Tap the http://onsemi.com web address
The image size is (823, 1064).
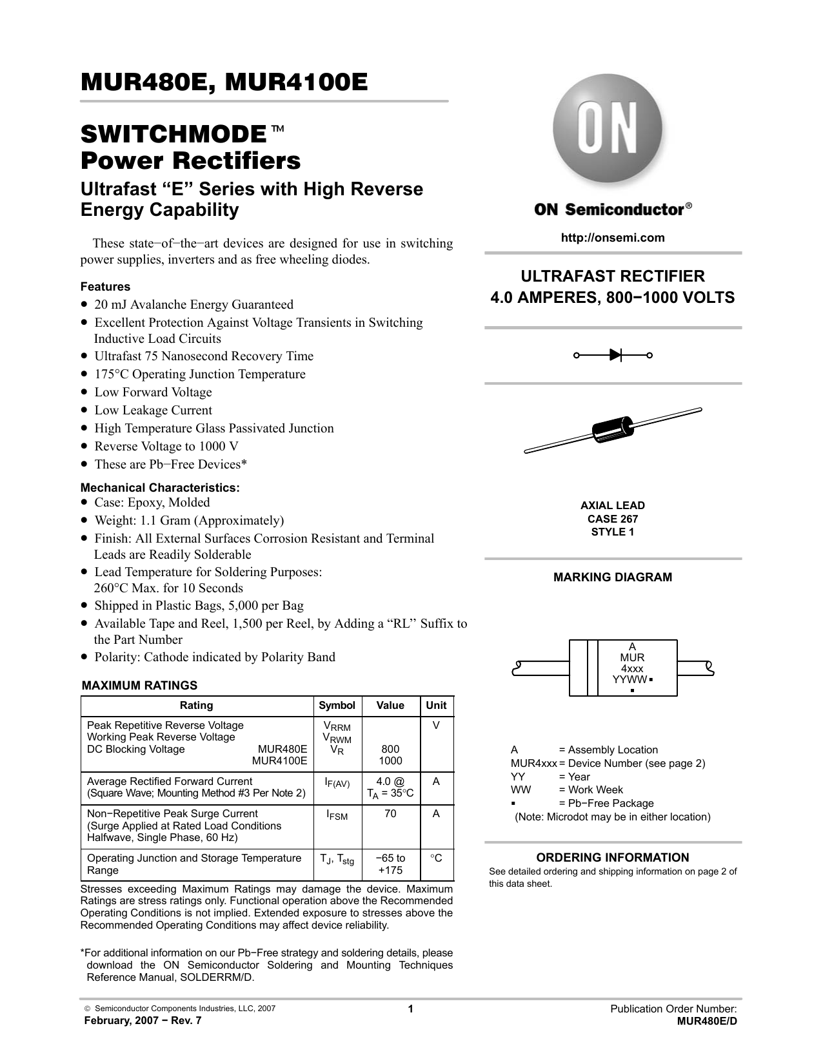pos(613,238)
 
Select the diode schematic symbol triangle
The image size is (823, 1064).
pos(615,354)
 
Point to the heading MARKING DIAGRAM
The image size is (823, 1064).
pos(613,577)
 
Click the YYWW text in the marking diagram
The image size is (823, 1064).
pos(630,679)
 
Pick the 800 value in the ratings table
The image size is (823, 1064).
pos(390,749)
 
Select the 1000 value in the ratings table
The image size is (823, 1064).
pos(390,760)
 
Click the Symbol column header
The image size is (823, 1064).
pos(337,705)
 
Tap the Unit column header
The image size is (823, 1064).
pos(437,705)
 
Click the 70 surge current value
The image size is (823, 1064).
pos(390,814)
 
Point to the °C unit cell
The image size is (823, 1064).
pos(437,858)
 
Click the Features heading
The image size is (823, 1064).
pos(105,287)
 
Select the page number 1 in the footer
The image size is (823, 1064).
pos(411,1010)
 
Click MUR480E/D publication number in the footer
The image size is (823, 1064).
pos(707,1021)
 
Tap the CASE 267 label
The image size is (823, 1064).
pos(613,519)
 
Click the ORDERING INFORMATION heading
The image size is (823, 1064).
pos(613,858)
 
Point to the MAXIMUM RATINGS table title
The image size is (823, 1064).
pos(139,686)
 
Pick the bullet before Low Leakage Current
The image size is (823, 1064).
pos(84,411)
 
